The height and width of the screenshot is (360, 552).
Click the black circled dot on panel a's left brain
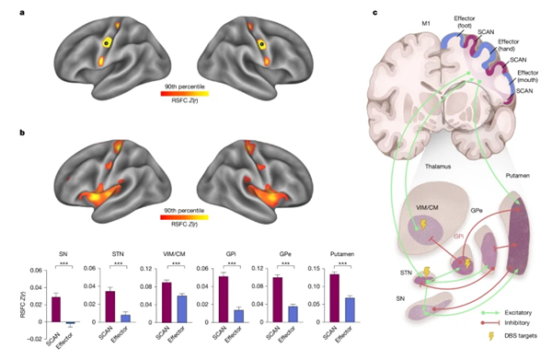point(108,41)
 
